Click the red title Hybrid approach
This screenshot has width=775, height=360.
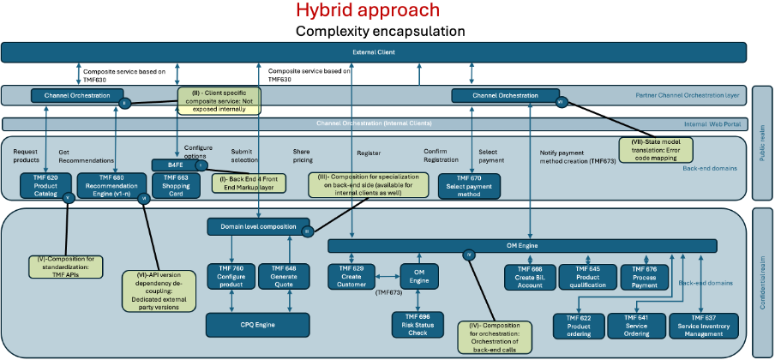pyautogui.click(x=368, y=11)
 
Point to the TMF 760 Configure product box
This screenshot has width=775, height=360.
pyautogui.click(x=231, y=276)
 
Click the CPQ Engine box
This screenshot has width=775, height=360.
pyautogui.click(x=256, y=325)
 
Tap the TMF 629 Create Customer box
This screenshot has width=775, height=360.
pyautogui.click(x=352, y=276)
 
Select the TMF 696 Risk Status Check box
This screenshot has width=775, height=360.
pyautogui.click(x=416, y=324)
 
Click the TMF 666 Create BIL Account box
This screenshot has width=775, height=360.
pyautogui.click(x=529, y=276)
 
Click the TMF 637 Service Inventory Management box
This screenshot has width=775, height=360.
pyautogui.click(x=709, y=325)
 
